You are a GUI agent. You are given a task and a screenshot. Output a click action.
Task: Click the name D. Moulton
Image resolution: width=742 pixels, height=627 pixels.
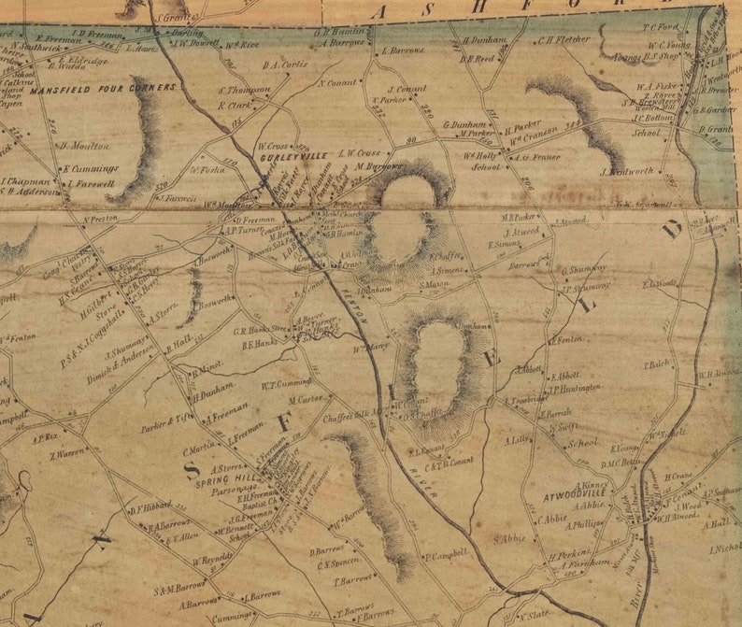(85, 147)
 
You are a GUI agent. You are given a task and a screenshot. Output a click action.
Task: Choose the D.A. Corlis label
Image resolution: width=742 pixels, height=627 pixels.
(285, 65)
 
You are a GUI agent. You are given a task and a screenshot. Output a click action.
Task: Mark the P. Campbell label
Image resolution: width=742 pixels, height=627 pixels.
(446, 555)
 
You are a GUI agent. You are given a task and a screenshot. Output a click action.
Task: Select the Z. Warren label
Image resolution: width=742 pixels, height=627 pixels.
(67, 452)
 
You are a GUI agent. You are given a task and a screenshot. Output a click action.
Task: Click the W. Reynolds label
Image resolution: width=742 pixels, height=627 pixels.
(212, 562)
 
